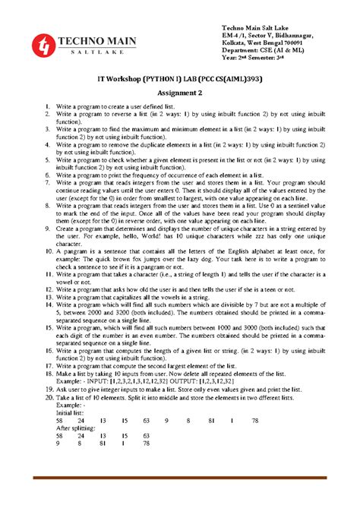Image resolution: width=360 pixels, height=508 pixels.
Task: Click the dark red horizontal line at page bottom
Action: click(x=179, y=477)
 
